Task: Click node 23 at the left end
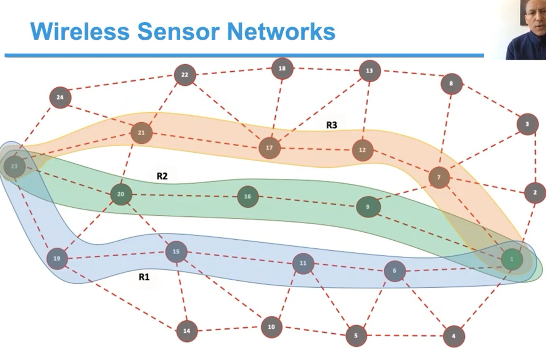click(x=14, y=166)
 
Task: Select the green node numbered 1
click(x=512, y=259)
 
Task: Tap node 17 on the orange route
click(x=269, y=148)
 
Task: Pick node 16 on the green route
click(x=247, y=197)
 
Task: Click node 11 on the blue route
click(x=303, y=263)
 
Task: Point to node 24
click(x=60, y=98)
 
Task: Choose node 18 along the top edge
click(x=282, y=69)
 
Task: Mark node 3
click(x=527, y=124)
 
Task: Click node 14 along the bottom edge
click(x=187, y=331)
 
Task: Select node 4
click(x=453, y=336)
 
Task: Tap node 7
click(x=439, y=177)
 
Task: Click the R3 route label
click(x=331, y=125)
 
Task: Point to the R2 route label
click(x=162, y=176)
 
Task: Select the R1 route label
click(x=144, y=277)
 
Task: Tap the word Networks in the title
click(x=281, y=32)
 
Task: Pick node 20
click(x=121, y=194)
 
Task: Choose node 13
click(x=369, y=71)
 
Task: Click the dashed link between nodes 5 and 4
click(x=404, y=336)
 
